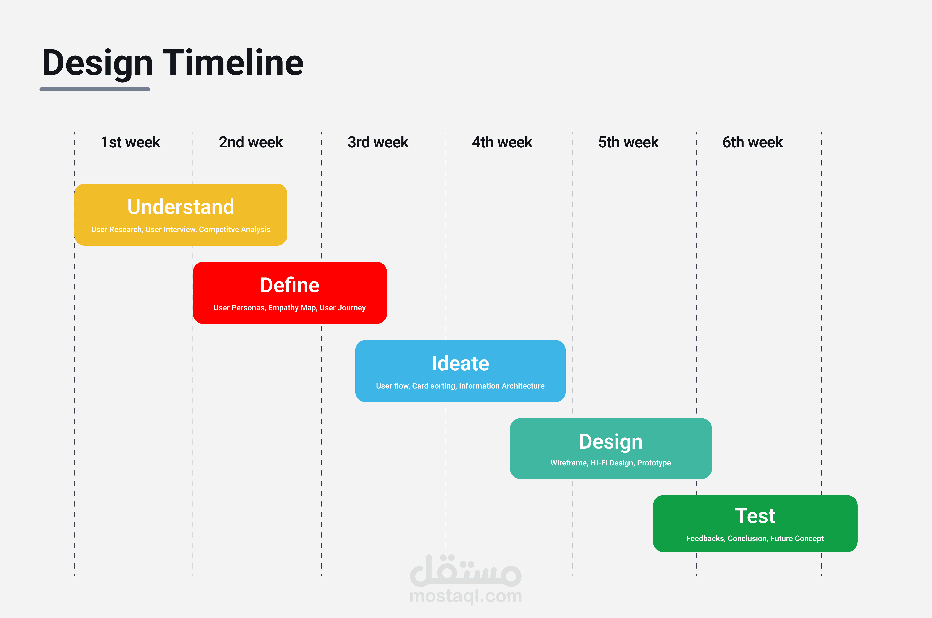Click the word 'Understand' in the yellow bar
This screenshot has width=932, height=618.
click(x=181, y=207)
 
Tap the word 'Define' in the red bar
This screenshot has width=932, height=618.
click(x=290, y=285)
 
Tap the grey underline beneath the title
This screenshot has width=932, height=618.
click(x=95, y=89)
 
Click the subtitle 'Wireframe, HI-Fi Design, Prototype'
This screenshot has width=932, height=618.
click(x=611, y=463)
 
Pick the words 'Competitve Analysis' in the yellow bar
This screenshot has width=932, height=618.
click(x=234, y=229)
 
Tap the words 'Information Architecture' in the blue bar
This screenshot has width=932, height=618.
click(x=501, y=386)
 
